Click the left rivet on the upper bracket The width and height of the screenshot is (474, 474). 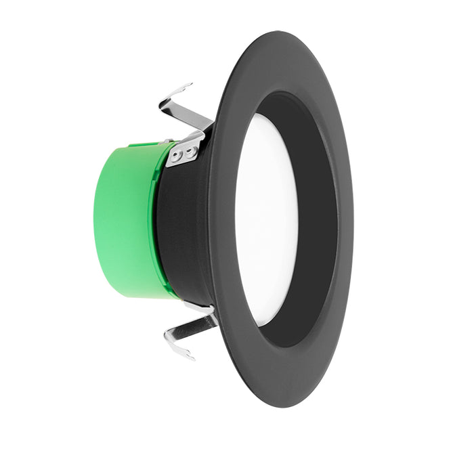175,157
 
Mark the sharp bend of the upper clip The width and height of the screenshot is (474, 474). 163,104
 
